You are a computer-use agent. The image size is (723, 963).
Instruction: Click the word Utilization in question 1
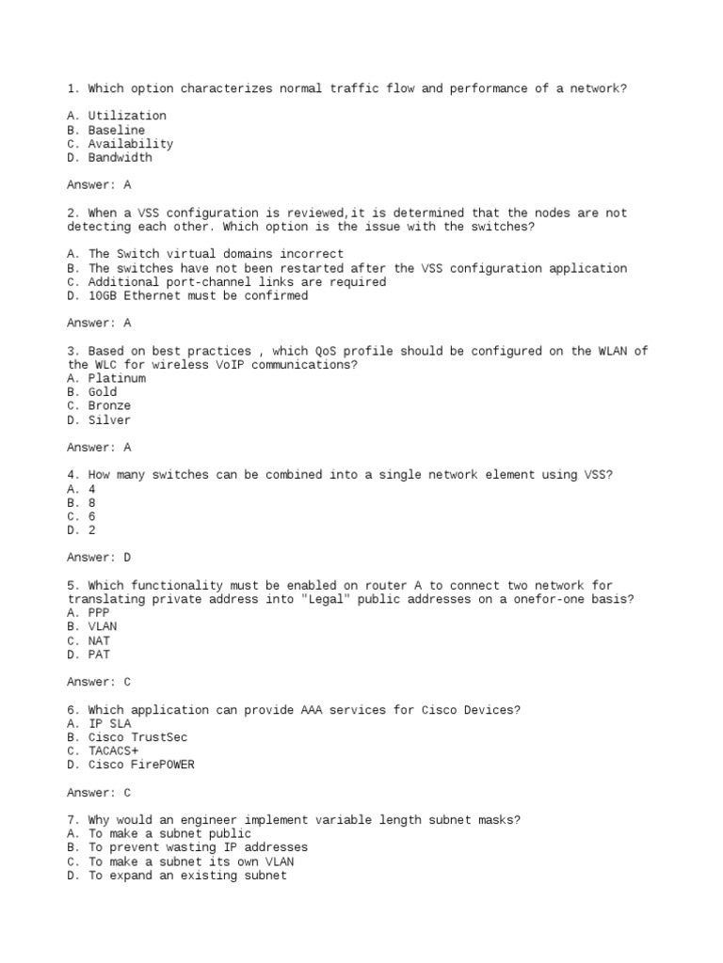[127, 116]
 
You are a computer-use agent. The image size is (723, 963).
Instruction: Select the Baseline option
[117, 130]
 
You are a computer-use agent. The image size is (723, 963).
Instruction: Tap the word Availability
[131, 144]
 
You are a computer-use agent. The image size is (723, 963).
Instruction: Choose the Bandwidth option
[120, 158]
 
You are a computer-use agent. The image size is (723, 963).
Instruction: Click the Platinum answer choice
[117, 378]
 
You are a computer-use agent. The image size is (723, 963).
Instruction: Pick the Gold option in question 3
[103, 392]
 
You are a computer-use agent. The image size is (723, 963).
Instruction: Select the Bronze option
[110, 406]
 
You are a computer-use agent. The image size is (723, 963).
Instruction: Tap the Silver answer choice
[110, 420]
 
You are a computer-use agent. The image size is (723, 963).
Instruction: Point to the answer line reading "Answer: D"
[99, 558]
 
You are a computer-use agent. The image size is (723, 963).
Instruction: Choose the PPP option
[99, 612]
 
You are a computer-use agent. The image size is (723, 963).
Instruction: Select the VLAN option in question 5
[103, 626]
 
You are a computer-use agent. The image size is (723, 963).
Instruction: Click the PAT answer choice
[99, 655]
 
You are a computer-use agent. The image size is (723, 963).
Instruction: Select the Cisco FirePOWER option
[141, 765]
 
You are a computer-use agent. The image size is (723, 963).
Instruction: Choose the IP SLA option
[109, 723]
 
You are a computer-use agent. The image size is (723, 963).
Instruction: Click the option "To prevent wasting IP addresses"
[198, 847]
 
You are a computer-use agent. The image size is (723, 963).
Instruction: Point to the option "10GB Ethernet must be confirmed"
[198, 295]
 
